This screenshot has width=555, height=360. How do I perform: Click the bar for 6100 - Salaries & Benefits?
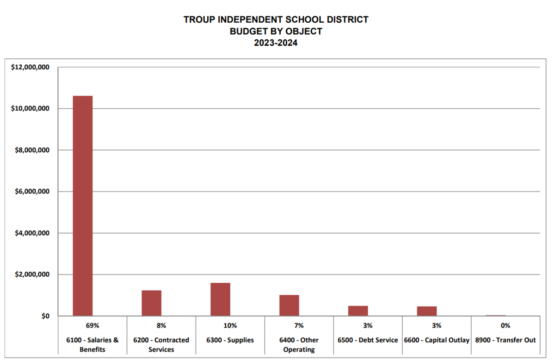[x=83, y=206]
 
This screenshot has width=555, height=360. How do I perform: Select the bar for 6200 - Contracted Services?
[x=151, y=303]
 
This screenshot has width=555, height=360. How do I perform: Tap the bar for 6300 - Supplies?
[x=220, y=299]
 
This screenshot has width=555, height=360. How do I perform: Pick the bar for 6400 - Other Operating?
[x=289, y=305]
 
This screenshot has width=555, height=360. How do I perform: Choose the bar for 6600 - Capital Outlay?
[x=427, y=311]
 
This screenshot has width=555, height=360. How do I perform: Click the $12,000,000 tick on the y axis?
[x=30, y=68]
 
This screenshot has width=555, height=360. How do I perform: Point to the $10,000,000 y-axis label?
[x=30, y=109]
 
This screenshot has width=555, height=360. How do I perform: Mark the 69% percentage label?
[x=92, y=326]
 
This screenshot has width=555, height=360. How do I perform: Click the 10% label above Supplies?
[x=230, y=326]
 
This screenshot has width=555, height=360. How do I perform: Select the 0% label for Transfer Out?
[x=506, y=326]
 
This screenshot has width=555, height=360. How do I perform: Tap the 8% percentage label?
[x=161, y=326]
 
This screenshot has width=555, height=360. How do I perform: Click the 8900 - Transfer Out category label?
[x=506, y=340]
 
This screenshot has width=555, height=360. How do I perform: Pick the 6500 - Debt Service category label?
[x=368, y=340]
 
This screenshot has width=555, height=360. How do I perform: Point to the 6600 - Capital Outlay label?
[x=437, y=340]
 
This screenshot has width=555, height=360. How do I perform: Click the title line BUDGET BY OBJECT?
[x=276, y=31]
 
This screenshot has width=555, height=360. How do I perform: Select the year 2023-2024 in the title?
[x=276, y=43]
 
